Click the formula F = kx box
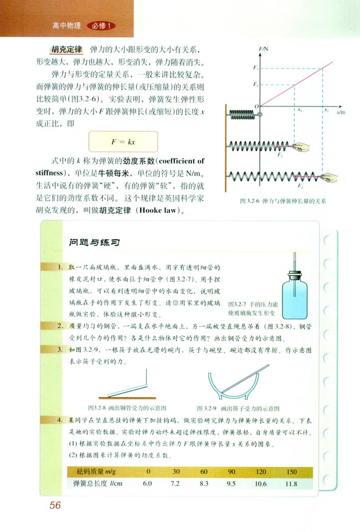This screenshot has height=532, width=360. click(122, 142)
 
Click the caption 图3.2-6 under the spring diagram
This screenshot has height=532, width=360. click(280, 202)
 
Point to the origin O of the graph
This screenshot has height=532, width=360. click(256, 105)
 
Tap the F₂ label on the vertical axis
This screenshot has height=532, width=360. click(255, 68)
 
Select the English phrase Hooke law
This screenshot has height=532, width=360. click(166, 211)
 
